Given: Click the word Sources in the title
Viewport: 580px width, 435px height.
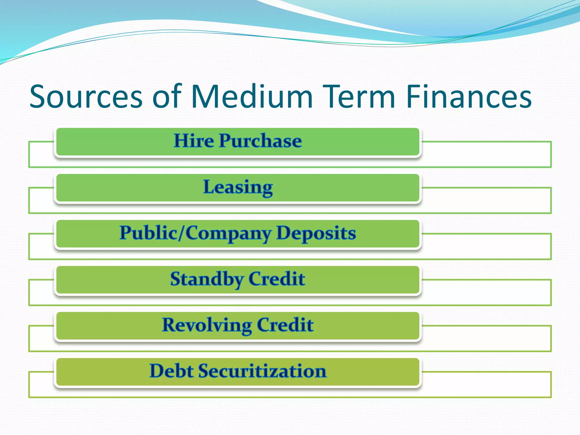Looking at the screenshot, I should pyautogui.click(x=86, y=97).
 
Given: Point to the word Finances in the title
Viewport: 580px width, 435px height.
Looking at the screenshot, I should pyautogui.click(x=469, y=97).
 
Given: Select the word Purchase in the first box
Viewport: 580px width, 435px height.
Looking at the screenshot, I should pyautogui.click(x=260, y=141).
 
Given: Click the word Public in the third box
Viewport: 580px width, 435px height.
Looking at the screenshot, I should pyautogui.click(x=148, y=233).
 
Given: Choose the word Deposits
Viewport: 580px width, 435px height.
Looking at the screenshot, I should pyautogui.click(x=316, y=233).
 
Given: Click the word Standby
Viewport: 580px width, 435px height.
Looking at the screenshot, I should pyautogui.click(x=207, y=279).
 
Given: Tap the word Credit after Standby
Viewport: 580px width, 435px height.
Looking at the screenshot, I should pyautogui.click(x=277, y=279).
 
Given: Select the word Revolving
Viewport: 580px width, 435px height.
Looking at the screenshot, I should pyautogui.click(x=207, y=325).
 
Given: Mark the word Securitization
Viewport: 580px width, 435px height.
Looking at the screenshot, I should pyautogui.click(x=262, y=371).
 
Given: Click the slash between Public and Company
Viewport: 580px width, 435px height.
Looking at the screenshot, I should pyautogui.click(x=182, y=233).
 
